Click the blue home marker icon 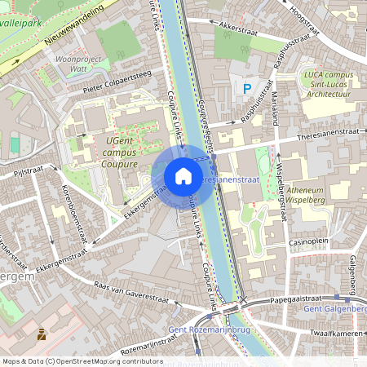click(183, 176)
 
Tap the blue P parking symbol click(245, 87)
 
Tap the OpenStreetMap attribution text click(82, 360)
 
